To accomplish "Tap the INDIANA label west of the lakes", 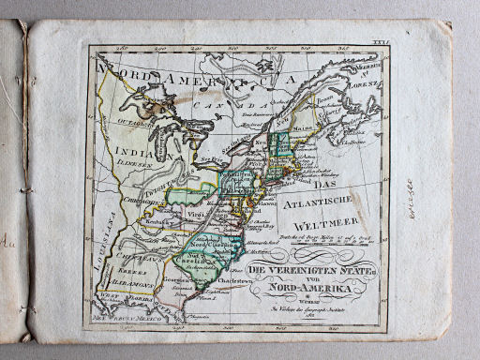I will pos(130,150).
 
